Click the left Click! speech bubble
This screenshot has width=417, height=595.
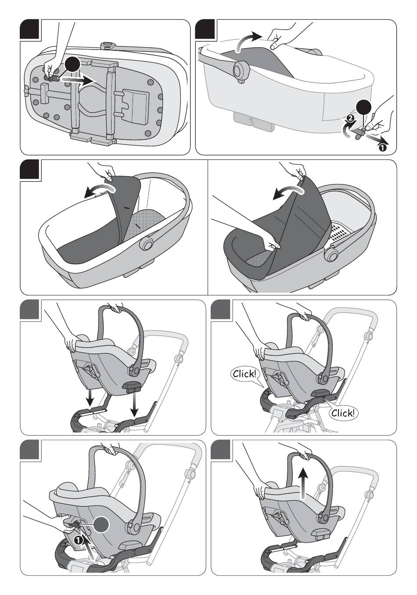point(244,374)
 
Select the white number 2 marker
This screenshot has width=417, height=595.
point(351,118)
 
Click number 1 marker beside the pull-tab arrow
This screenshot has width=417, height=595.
point(382,147)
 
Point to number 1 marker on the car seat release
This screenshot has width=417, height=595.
point(78,540)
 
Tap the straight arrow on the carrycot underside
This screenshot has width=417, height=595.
point(78,80)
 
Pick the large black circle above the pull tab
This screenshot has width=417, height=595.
point(364,108)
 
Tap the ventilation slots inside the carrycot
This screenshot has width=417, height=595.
point(341,232)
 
